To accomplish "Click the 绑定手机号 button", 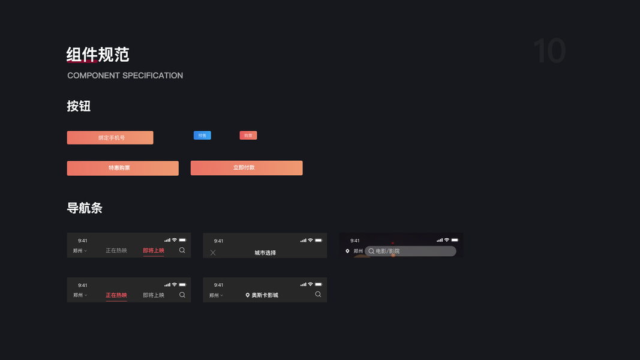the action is (110, 138).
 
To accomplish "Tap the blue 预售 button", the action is (202, 136).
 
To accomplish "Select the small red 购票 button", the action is (248, 136).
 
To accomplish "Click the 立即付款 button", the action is (246, 168).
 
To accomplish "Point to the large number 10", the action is (549, 51).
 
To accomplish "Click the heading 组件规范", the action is (98, 55).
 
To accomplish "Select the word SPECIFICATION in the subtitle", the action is (152, 76).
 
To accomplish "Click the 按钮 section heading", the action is (79, 106).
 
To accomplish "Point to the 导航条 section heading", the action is (85, 208).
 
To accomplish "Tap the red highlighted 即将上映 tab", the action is (154, 251).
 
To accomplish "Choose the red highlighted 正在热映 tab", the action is (116, 295).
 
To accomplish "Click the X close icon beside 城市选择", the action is (213, 253).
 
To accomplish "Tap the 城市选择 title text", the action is (265, 253).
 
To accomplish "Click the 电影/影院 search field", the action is (410, 251).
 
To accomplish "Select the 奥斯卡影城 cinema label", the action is (265, 295).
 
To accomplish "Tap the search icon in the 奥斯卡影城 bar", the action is (318, 295).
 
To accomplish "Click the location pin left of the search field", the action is (347, 251).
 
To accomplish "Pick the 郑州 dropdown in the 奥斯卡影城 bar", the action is (216, 295).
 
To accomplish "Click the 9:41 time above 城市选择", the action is (219, 241).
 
